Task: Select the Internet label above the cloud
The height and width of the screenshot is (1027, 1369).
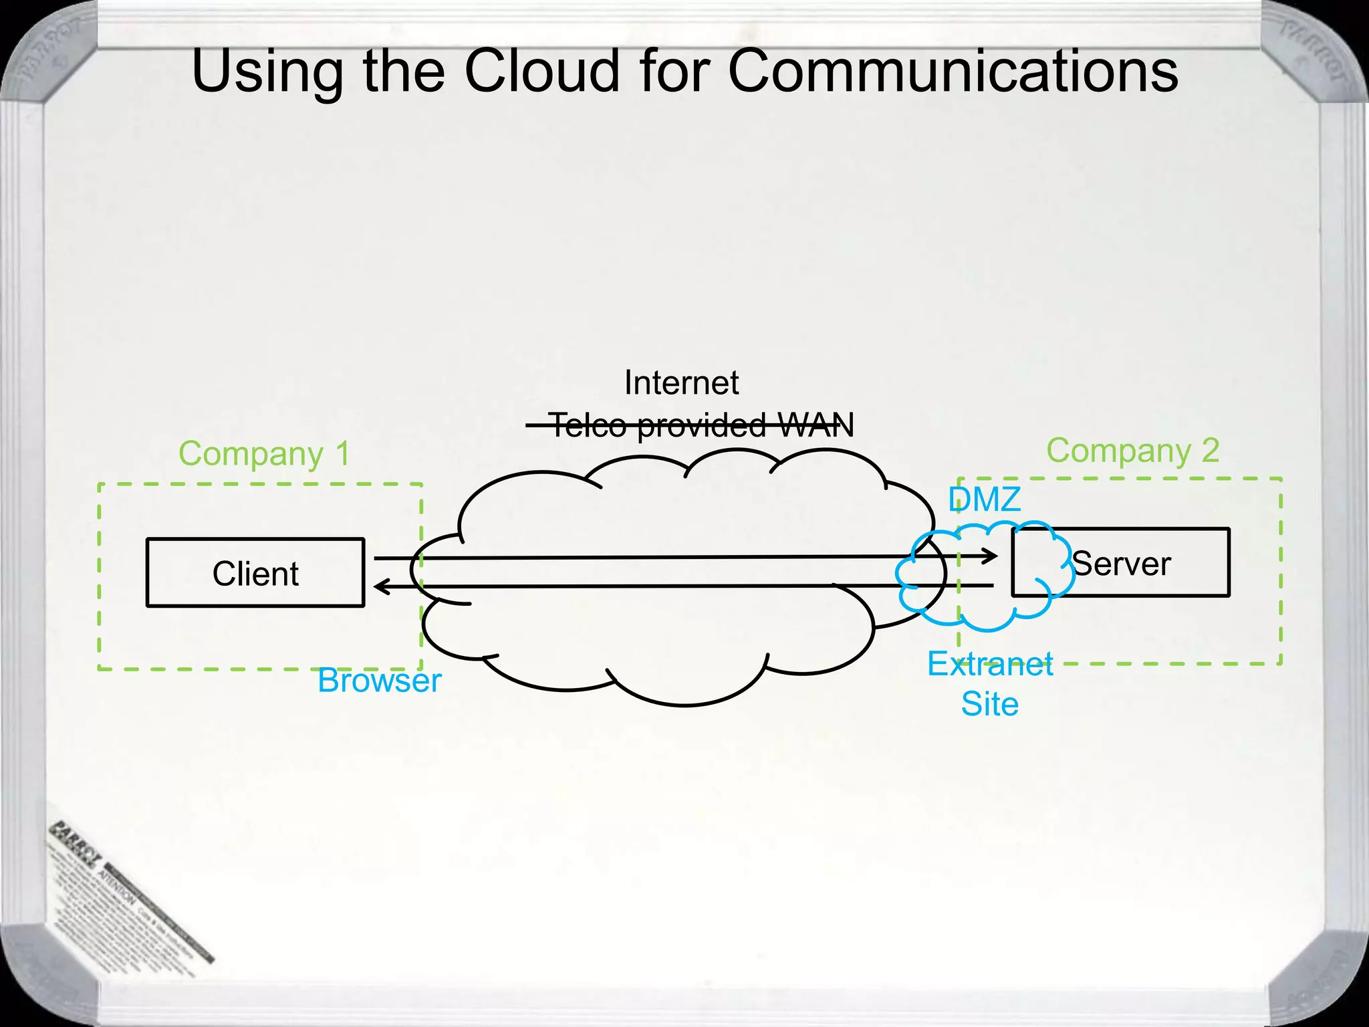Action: coord(681,383)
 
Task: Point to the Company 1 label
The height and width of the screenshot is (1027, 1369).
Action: coord(264,454)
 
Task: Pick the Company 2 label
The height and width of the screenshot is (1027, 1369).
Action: coord(1132,451)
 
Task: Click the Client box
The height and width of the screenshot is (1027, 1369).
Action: coord(255,573)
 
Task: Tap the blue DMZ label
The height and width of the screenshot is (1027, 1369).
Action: coord(985,499)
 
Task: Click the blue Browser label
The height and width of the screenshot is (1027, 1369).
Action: coord(379,681)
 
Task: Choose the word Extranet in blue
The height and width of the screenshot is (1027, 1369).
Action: coord(990,664)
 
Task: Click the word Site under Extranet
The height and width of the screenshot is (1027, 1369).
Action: coord(989,704)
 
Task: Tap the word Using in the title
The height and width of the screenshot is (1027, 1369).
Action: coord(267,72)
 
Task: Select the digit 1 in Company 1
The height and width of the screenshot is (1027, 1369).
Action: coord(342,454)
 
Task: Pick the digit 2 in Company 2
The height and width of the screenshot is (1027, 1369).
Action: coord(1210,451)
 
